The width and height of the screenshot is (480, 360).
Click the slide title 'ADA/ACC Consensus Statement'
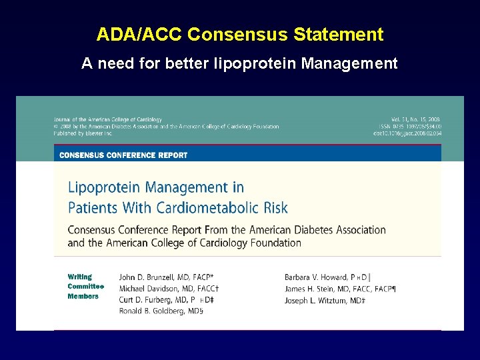tap(240, 35)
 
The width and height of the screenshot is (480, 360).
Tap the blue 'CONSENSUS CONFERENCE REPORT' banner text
tap(123, 155)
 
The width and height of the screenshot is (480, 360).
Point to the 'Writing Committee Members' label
tap(83, 287)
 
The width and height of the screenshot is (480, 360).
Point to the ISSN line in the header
tap(407, 127)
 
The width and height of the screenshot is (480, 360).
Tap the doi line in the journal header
tap(407, 133)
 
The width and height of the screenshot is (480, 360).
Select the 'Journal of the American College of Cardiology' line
tap(108, 120)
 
